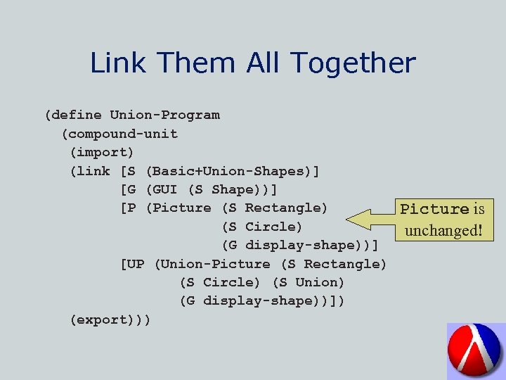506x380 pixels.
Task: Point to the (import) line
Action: tap(103, 152)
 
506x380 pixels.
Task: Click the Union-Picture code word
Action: tap(216, 264)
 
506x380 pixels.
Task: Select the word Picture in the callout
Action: tap(434, 209)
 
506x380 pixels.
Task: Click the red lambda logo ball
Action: tap(476, 350)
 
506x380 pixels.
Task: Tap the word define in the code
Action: tap(77, 115)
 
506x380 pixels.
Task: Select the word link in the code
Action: tap(94, 171)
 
